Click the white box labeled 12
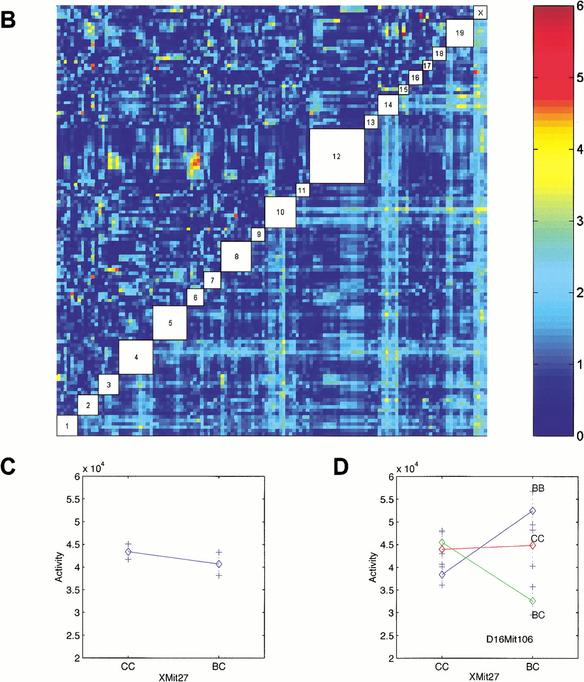(x=337, y=156)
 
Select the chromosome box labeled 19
(x=459, y=33)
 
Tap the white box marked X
(x=480, y=12)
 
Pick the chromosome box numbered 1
(x=67, y=426)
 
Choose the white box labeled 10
(x=280, y=212)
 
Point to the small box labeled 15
(x=403, y=90)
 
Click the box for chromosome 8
(x=236, y=256)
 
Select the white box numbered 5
(x=170, y=323)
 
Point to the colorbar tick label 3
(x=580, y=221)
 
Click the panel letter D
(x=340, y=467)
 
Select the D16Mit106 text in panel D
(x=509, y=639)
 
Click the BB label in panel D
(x=538, y=488)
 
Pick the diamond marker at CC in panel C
(x=128, y=551)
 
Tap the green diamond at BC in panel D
(x=532, y=601)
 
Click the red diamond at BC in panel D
(x=532, y=545)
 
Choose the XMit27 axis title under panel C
(x=173, y=677)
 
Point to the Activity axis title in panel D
(x=372, y=567)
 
